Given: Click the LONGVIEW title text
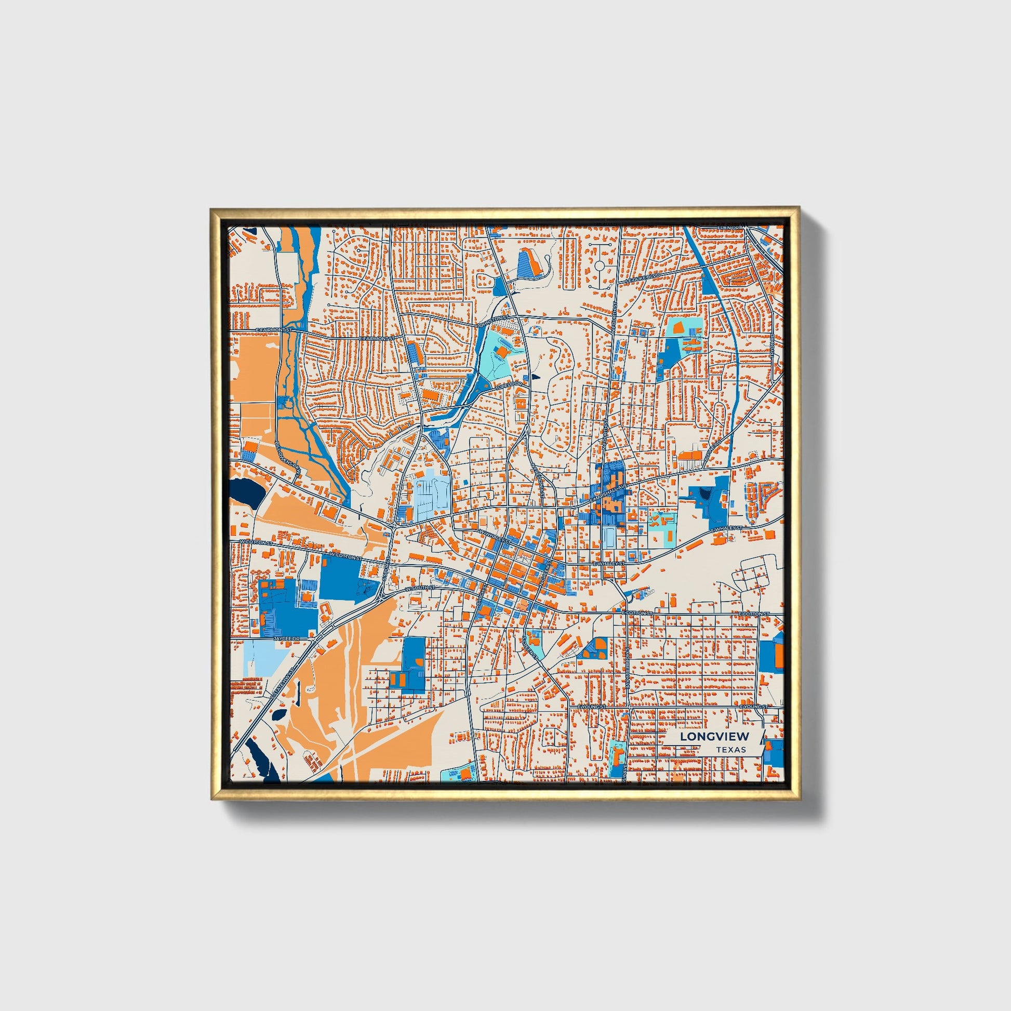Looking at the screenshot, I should click(x=714, y=736).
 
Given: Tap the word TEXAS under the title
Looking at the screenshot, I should click(x=731, y=750).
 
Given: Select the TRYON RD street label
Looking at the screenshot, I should click(x=771, y=346).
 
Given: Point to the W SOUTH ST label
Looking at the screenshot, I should click(x=420, y=588).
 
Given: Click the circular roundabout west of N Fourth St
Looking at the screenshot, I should click(x=599, y=266).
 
